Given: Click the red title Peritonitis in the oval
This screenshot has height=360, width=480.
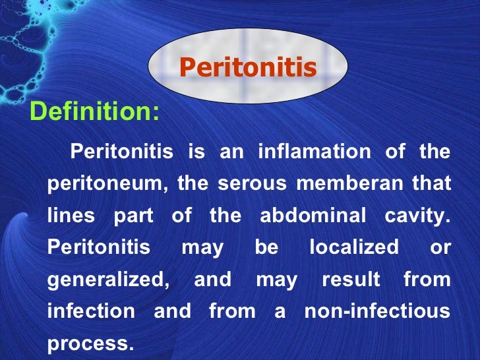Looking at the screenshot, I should [x=248, y=67].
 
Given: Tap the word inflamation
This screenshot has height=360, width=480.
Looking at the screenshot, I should [x=314, y=152].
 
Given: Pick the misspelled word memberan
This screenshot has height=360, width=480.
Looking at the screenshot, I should [x=349, y=184].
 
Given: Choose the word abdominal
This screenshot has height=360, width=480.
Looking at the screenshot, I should [x=313, y=216].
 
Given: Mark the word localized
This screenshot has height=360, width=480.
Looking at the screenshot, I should [x=353, y=248].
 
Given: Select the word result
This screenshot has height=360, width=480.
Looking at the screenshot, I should [x=351, y=280].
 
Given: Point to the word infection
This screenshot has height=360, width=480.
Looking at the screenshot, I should [x=91, y=311].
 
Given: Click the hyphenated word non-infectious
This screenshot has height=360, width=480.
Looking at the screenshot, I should [x=377, y=311].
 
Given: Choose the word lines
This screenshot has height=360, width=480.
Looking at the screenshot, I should [x=71, y=216].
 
